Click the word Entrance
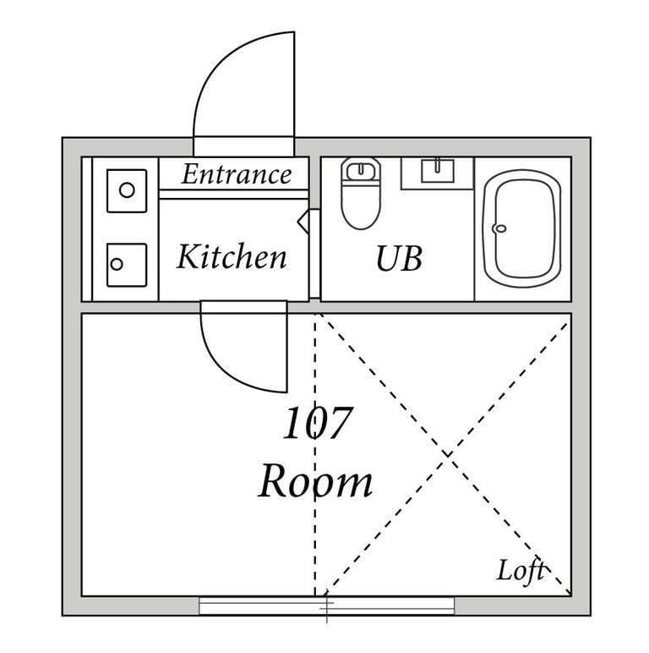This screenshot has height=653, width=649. tap(236, 175)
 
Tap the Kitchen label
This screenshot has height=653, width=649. tap(232, 256)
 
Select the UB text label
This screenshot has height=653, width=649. tap(398, 260)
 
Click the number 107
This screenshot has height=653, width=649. tap(315, 425)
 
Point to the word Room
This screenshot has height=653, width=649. tap(315, 482)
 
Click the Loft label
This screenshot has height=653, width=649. tap(521, 571)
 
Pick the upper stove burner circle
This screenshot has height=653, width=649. tap(126, 189)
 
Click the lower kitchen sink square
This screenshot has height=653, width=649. tap(126, 264)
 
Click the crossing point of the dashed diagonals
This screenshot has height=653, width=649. tap(444, 454)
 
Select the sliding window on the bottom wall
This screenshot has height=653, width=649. tap(327, 606)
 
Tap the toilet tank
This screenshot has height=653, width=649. tap(362, 170)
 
